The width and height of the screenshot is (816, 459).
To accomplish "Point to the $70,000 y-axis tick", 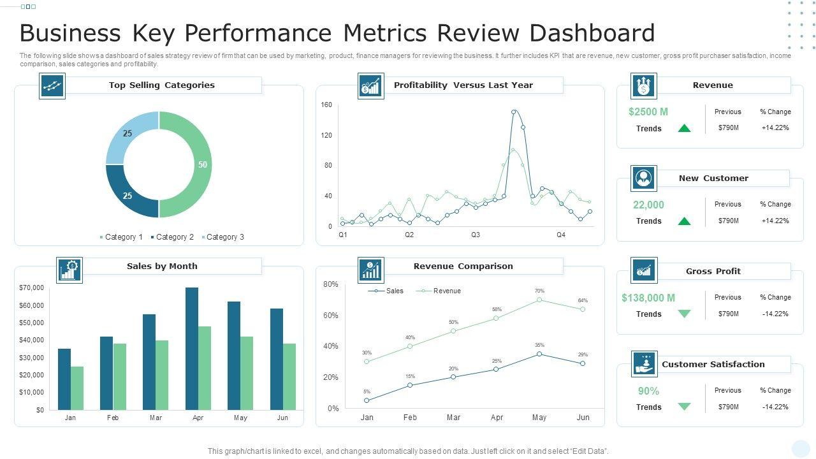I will click(x=32, y=288).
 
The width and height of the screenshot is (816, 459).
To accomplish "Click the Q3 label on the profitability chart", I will click(x=476, y=235).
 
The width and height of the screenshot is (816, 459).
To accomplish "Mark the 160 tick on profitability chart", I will click(x=326, y=105).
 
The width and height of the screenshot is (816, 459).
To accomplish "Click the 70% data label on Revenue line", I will click(x=539, y=291).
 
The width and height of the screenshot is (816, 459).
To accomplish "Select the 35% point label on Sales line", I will click(x=539, y=346).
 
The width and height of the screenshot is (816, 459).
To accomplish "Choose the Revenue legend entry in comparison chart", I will click(x=446, y=291).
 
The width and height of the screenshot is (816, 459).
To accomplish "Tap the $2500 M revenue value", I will click(x=648, y=112).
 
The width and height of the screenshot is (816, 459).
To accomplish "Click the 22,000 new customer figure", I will click(x=648, y=205).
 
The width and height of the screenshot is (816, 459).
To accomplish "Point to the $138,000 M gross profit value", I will click(x=648, y=298).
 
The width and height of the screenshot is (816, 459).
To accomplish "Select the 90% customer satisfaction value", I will click(x=648, y=391).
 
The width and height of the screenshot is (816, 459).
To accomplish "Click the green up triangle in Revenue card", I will click(x=684, y=128).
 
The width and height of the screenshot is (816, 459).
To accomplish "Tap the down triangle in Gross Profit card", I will click(x=684, y=314).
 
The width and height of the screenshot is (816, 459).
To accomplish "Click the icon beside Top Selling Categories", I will click(x=52, y=85).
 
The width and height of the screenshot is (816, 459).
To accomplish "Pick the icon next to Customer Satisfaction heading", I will click(x=644, y=364).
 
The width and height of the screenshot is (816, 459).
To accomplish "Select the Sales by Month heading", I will click(x=162, y=266).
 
